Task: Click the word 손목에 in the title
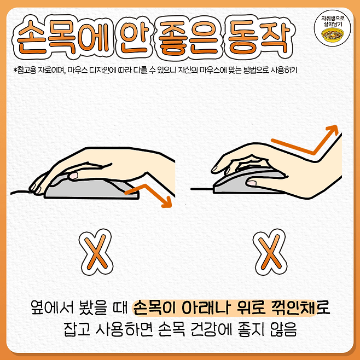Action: pyautogui.click(x=63, y=37)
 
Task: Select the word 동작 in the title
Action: pyautogui.click(x=259, y=37)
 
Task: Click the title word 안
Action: pyautogui.click(x=133, y=37)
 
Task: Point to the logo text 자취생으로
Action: pyautogui.click(x=333, y=19)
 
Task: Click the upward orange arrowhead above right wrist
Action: pyautogui.click(x=333, y=130)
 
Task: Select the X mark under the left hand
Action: pyautogui.click(x=96, y=252)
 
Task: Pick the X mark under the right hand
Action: pyautogui.click(x=270, y=252)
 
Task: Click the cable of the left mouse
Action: pyautogui.click(x=22, y=191)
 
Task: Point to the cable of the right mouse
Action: pyautogui.click(x=202, y=189)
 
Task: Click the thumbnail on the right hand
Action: pyautogui.click(x=252, y=183)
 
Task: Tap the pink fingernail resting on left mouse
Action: pyautogui.click(x=73, y=176)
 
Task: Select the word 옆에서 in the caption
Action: pyautogui.click(x=53, y=307)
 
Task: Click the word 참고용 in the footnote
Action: pyautogui.click(x=27, y=70)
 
